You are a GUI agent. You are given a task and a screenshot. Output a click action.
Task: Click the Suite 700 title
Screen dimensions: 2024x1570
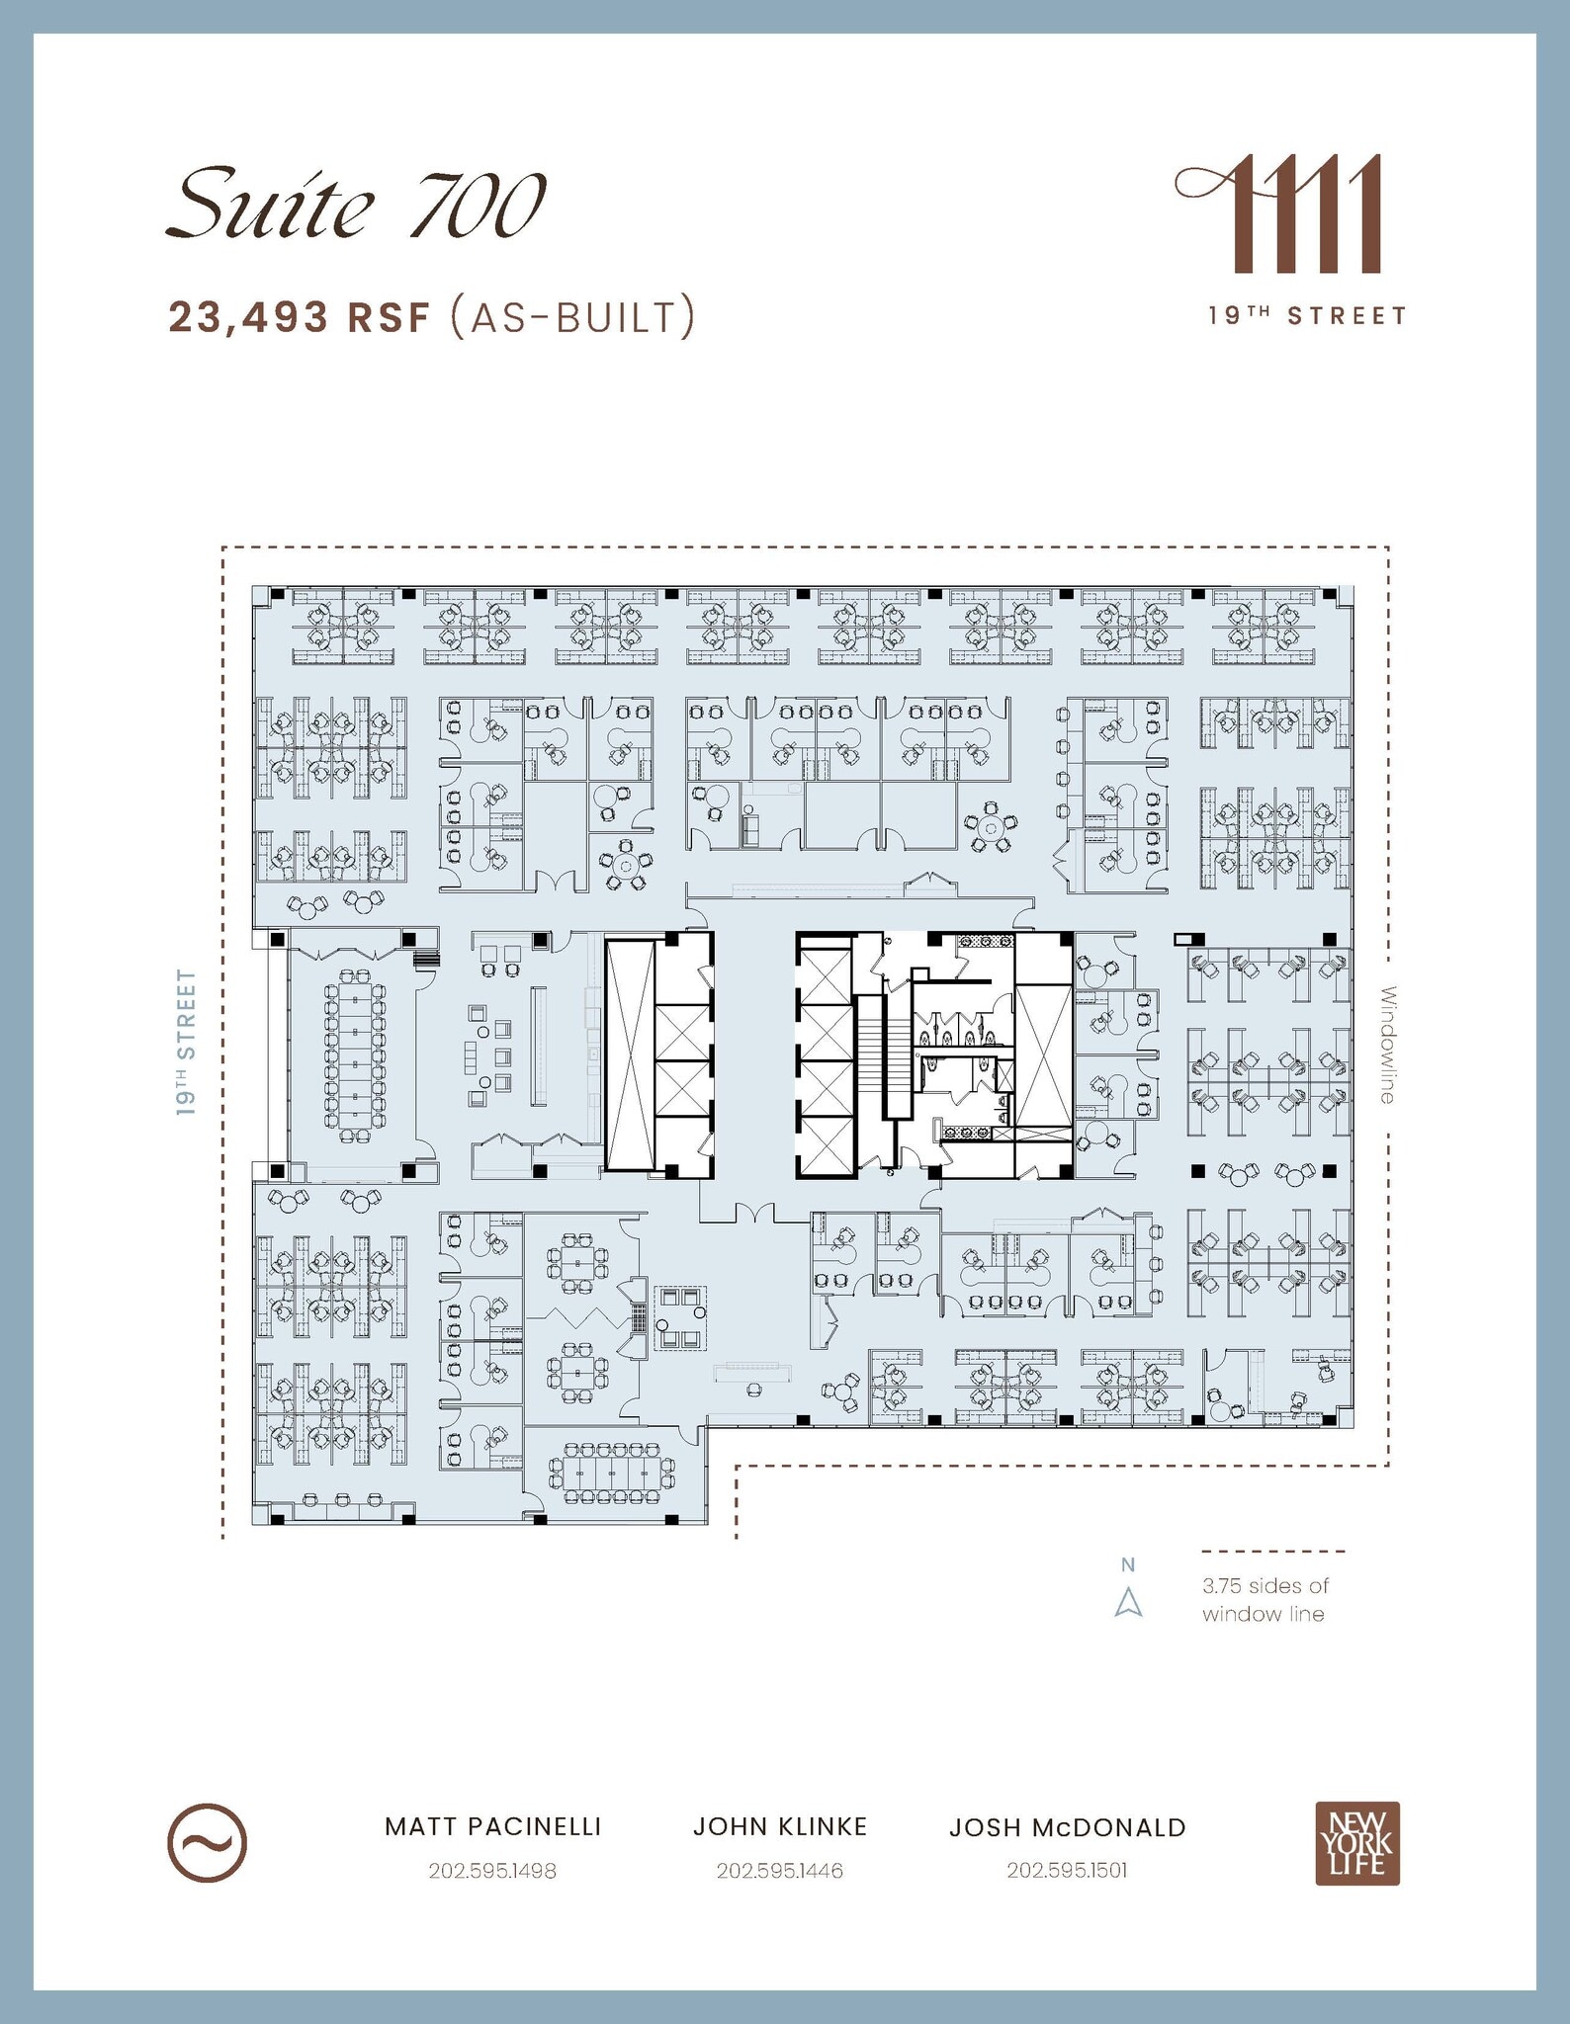tap(356, 206)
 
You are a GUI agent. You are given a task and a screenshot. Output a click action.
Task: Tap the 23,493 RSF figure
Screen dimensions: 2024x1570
tap(300, 317)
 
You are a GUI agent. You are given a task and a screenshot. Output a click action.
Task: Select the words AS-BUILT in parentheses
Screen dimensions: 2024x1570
tap(571, 317)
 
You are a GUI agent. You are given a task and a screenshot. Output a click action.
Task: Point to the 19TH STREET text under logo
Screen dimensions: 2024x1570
tap(1307, 316)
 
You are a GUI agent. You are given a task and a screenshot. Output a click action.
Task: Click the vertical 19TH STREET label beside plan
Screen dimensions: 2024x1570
tap(187, 1043)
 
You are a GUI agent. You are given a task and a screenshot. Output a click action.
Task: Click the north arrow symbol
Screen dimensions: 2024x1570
tap(1128, 1602)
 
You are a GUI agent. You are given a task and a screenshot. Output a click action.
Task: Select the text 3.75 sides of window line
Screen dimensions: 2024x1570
tap(1265, 1600)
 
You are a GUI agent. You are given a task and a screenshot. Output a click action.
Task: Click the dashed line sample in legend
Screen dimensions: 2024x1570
tap(1273, 1552)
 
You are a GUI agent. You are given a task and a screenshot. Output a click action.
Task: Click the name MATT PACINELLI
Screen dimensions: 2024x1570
tap(492, 1827)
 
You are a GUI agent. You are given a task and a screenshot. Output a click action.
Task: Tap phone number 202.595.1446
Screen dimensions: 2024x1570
tap(779, 1871)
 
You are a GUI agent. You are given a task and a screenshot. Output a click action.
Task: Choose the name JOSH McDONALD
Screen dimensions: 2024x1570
tap(1068, 1828)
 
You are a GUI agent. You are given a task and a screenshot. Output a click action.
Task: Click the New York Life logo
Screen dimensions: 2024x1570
tap(1356, 1844)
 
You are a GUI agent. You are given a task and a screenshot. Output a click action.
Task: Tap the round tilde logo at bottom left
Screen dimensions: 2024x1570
tap(207, 1843)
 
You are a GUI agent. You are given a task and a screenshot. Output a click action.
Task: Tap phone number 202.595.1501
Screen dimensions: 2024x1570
tap(1067, 1871)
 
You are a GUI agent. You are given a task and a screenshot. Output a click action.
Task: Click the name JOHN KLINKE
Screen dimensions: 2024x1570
tap(779, 1827)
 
